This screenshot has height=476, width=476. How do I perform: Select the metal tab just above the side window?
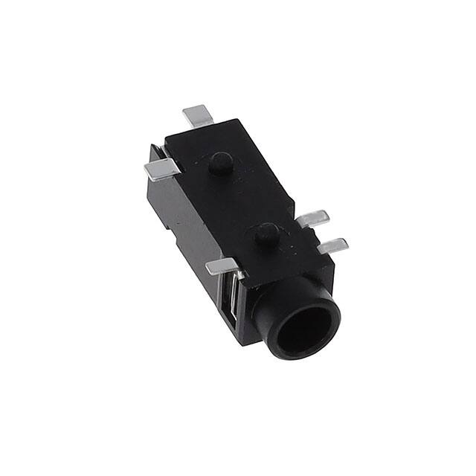point(223,266)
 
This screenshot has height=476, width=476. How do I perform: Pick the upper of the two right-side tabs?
point(313,219)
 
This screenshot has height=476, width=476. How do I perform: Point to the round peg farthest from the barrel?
point(220,163)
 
